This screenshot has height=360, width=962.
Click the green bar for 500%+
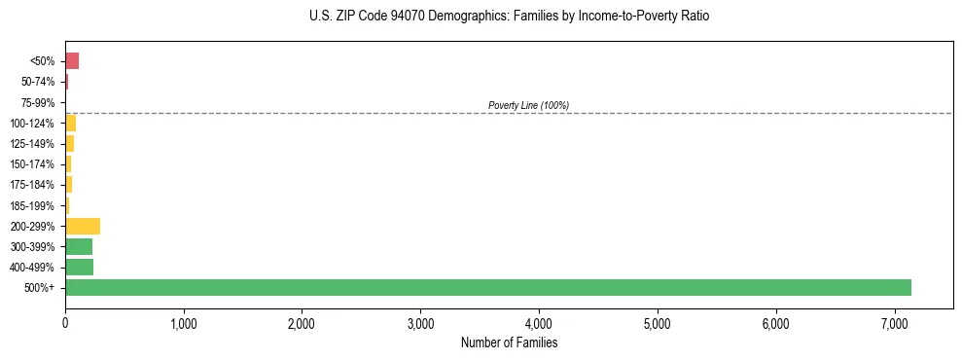[x=487, y=287]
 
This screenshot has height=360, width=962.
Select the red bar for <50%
[x=72, y=61]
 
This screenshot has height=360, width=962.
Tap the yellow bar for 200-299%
[x=83, y=226]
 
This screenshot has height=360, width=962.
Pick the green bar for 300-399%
[x=79, y=246]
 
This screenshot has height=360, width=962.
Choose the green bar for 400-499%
[x=79, y=267]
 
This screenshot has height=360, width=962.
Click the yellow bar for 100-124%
[x=70, y=123]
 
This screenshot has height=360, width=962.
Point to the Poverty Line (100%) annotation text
[x=528, y=105]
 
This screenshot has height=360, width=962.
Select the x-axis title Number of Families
[x=509, y=342]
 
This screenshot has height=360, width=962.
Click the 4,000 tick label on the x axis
[x=539, y=323]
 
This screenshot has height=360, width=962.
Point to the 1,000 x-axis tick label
[x=184, y=323]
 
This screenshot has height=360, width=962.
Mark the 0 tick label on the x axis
[x=65, y=323]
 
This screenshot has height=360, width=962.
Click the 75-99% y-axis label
[x=40, y=102]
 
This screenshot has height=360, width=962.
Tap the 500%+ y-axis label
[x=42, y=288]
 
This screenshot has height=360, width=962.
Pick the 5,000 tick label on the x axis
[x=658, y=323]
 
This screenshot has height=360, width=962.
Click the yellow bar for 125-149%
[x=69, y=144]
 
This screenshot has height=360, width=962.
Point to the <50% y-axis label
[x=44, y=61]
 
